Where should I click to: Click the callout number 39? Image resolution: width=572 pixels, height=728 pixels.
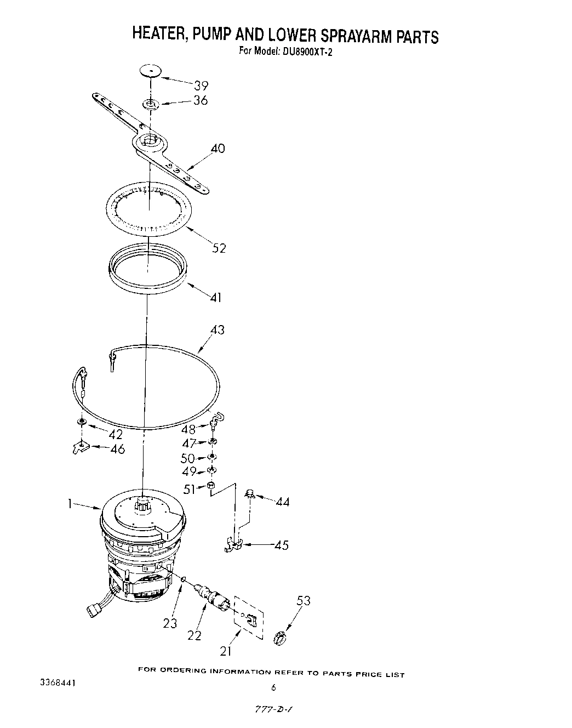[x=202, y=86]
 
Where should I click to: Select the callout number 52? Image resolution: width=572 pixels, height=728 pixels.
[x=219, y=248]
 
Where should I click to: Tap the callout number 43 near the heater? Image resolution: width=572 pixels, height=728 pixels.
[x=218, y=330]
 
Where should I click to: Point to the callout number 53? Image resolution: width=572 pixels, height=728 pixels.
[x=303, y=601]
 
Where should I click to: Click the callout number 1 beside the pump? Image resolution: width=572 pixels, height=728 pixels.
[x=70, y=504]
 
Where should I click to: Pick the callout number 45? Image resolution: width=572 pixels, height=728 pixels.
[x=281, y=545]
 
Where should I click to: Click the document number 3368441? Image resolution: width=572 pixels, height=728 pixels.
[x=57, y=684]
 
